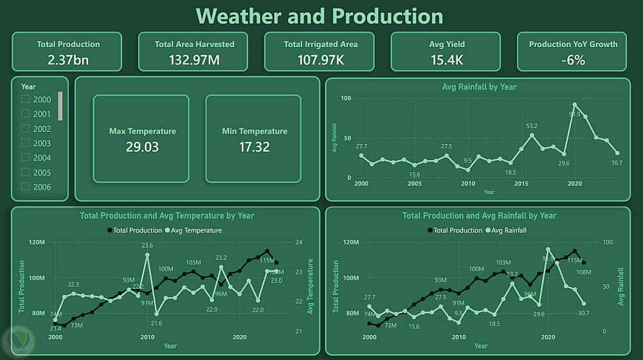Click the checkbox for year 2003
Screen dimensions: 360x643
[x=26, y=143]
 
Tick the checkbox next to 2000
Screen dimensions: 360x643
[x=26, y=100]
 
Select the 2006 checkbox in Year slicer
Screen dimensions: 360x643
[x=26, y=187]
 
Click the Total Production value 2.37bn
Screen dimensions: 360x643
[x=68, y=60]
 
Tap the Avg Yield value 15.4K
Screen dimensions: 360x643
[x=447, y=60]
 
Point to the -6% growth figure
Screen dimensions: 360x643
[x=573, y=60]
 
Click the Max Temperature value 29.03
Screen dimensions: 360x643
[x=142, y=147]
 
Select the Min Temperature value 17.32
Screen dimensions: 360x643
[x=254, y=147]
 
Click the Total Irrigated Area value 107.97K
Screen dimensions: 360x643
[x=320, y=60]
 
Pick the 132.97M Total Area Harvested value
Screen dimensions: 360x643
[x=194, y=60]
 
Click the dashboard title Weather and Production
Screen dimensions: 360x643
[x=320, y=16]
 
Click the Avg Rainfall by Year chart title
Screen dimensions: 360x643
[x=479, y=87]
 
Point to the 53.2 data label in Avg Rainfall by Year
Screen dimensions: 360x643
[x=532, y=126]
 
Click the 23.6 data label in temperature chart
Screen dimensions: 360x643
[x=147, y=246]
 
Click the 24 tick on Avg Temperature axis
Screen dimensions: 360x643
[x=298, y=242]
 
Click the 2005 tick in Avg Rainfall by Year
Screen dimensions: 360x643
[x=415, y=184]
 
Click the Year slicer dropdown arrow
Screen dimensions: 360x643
[x=55, y=86]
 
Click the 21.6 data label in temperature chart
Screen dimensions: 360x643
[x=156, y=323]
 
